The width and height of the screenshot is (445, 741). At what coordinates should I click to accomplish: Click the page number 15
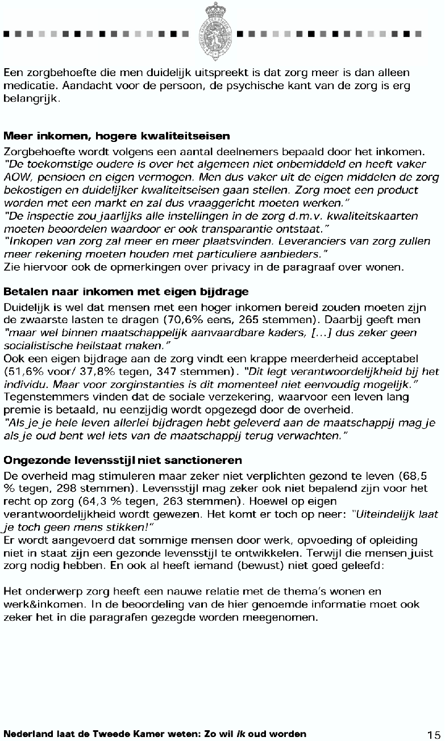pos(434,734)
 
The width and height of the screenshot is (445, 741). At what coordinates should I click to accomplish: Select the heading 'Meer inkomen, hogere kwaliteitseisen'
pos(117,136)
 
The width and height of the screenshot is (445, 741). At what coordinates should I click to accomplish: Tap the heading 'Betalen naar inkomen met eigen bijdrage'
pos(126,292)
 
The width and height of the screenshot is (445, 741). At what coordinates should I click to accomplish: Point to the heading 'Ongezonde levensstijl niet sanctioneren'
pos(123,459)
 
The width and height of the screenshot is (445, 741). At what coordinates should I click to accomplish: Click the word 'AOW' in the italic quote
pos(16,177)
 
